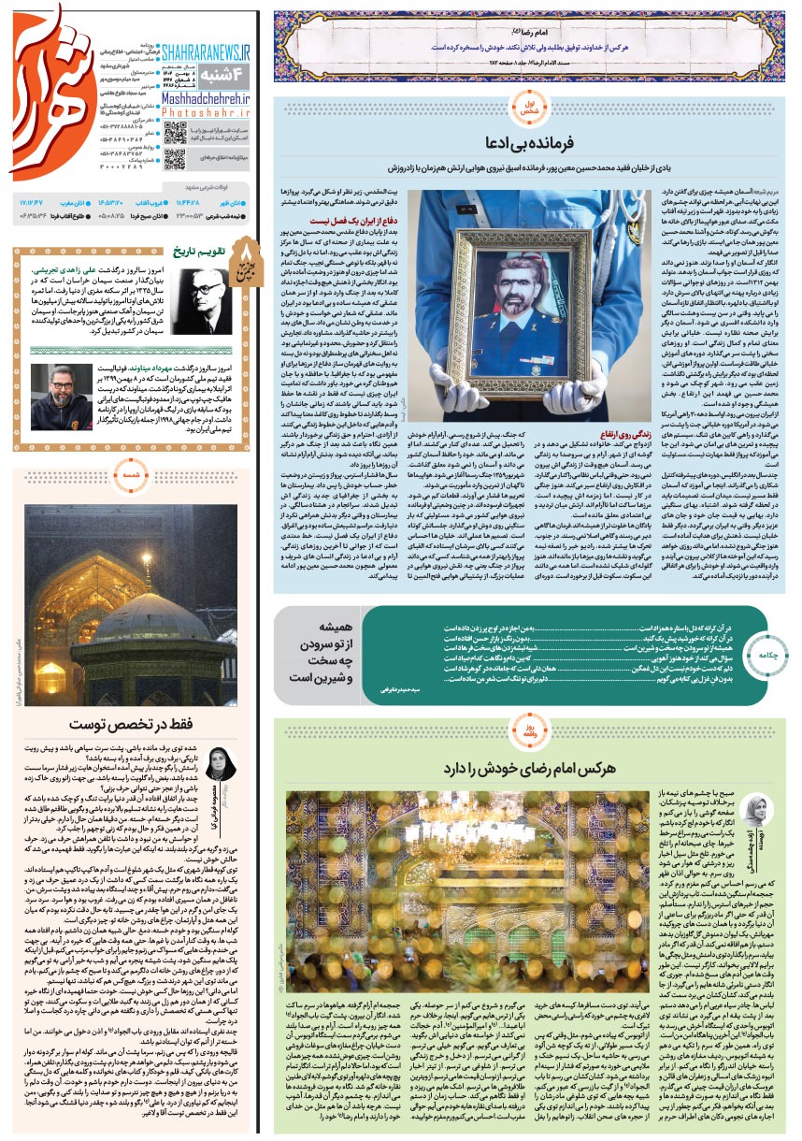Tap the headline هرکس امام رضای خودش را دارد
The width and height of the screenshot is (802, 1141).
[531, 767]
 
